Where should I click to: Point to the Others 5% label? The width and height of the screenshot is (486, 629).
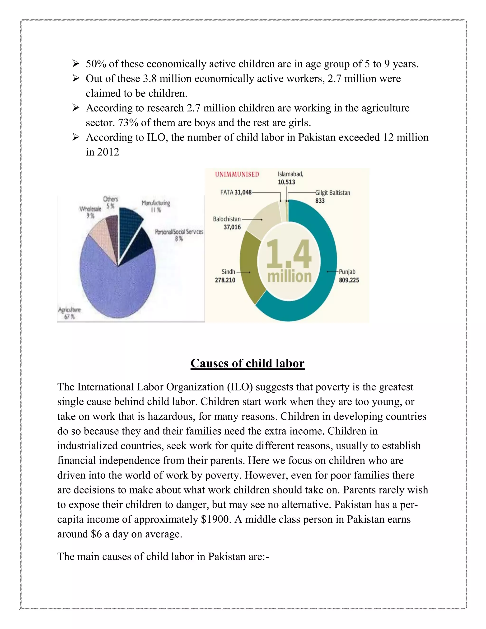(111, 202)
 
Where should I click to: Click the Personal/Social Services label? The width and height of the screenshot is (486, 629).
(179, 232)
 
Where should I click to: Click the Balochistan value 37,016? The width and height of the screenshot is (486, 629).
(232, 227)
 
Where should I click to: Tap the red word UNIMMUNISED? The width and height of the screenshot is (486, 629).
(237, 174)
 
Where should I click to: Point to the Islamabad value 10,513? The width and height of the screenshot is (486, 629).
(286, 182)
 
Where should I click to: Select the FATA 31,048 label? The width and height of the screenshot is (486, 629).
(236, 192)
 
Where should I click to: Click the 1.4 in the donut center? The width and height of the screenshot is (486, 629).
(289, 254)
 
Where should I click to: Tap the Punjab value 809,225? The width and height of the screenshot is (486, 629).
(349, 280)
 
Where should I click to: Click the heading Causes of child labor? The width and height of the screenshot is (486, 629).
(247, 363)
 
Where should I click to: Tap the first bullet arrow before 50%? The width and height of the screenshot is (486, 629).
(76, 63)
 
